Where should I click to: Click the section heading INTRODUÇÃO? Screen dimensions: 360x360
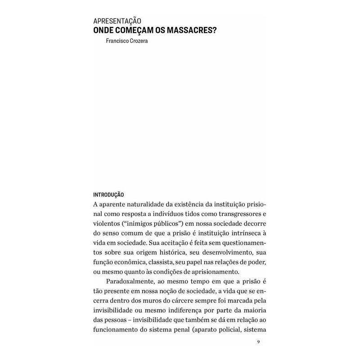pyautogui.click(x=108, y=195)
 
